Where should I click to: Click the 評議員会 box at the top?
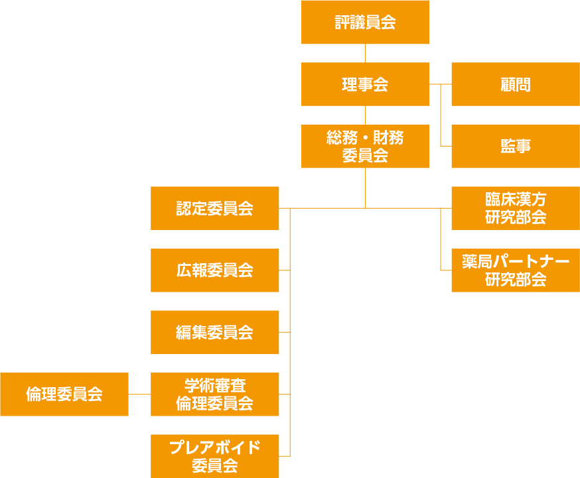click(x=365, y=23)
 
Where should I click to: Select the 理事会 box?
click(x=365, y=84)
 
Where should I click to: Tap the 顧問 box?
click(x=515, y=84)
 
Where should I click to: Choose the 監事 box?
click(x=515, y=147)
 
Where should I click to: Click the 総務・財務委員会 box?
click(x=365, y=147)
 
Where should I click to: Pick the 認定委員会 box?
click(x=214, y=208)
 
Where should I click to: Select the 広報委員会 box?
click(x=214, y=270)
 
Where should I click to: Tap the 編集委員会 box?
click(x=214, y=332)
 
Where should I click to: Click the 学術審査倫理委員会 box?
click(x=214, y=394)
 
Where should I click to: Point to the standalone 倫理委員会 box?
click(x=64, y=394)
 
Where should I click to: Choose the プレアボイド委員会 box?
click(x=214, y=456)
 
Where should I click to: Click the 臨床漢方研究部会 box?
click(x=515, y=208)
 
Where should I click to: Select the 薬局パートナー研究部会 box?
click(x=515, y=270)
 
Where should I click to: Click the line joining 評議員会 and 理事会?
click(x=365, y=53)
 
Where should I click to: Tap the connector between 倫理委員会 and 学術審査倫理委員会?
click(x=139, y=394)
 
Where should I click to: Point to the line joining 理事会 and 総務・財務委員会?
click(x=365, y=115)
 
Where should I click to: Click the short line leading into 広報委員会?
click(x=285, y=270)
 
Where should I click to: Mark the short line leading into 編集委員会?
click(x=285, y=332)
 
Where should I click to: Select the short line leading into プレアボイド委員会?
click(x=285, y=456)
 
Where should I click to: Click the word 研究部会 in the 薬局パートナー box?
click(x=515, y=280)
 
